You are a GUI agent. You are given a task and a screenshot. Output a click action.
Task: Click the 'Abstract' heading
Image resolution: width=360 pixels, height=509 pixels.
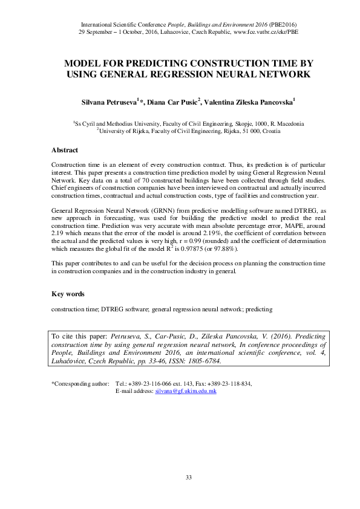tap(64, 150)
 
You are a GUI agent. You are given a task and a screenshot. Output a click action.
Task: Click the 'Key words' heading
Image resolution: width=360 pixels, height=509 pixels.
tap(68, 294)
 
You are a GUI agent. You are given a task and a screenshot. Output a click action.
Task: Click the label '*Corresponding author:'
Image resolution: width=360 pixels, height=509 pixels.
tap(80, 384)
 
